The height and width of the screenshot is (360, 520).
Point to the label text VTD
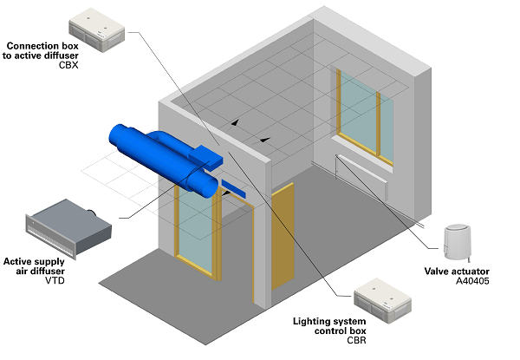pyautogui.click(x=56, y=281)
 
